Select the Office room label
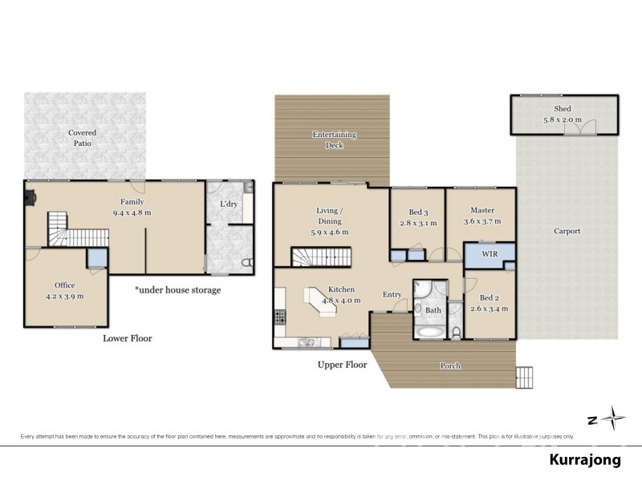tap(65, 285)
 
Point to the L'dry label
tap(228, 204)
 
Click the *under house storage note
tap(177, 289)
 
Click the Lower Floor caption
tap(127, 338)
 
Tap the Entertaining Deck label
tap(334, 139)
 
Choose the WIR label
tap(490, 253)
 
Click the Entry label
tap(392, 294)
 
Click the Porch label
tap(450, 366)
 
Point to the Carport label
tap(567, 232)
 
